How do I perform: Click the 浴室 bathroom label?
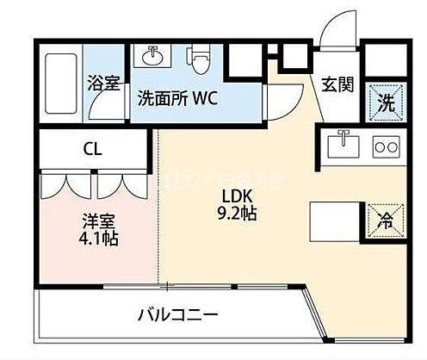tap(103, 83)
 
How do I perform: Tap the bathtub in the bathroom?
tap(61, 84)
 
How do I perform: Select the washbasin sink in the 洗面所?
tap(152, 56)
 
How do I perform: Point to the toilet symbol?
tap(199, 59)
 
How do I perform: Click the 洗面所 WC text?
tap(178, 98)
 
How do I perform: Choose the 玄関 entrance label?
tap(337, 84)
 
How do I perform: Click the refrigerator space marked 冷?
tap(385, 220)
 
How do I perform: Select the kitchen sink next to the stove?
tap(343, 146)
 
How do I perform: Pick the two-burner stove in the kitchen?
tap(387, 146)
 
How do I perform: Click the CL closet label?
tap(92, 149)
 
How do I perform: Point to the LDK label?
tap(238, 196)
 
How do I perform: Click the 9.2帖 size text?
tap(237, 213)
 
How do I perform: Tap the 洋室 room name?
tap(99, 221)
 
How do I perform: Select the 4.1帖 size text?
tap(99, 238)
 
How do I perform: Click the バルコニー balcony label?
tap(178, 315)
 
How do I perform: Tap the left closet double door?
tap(65, 184)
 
